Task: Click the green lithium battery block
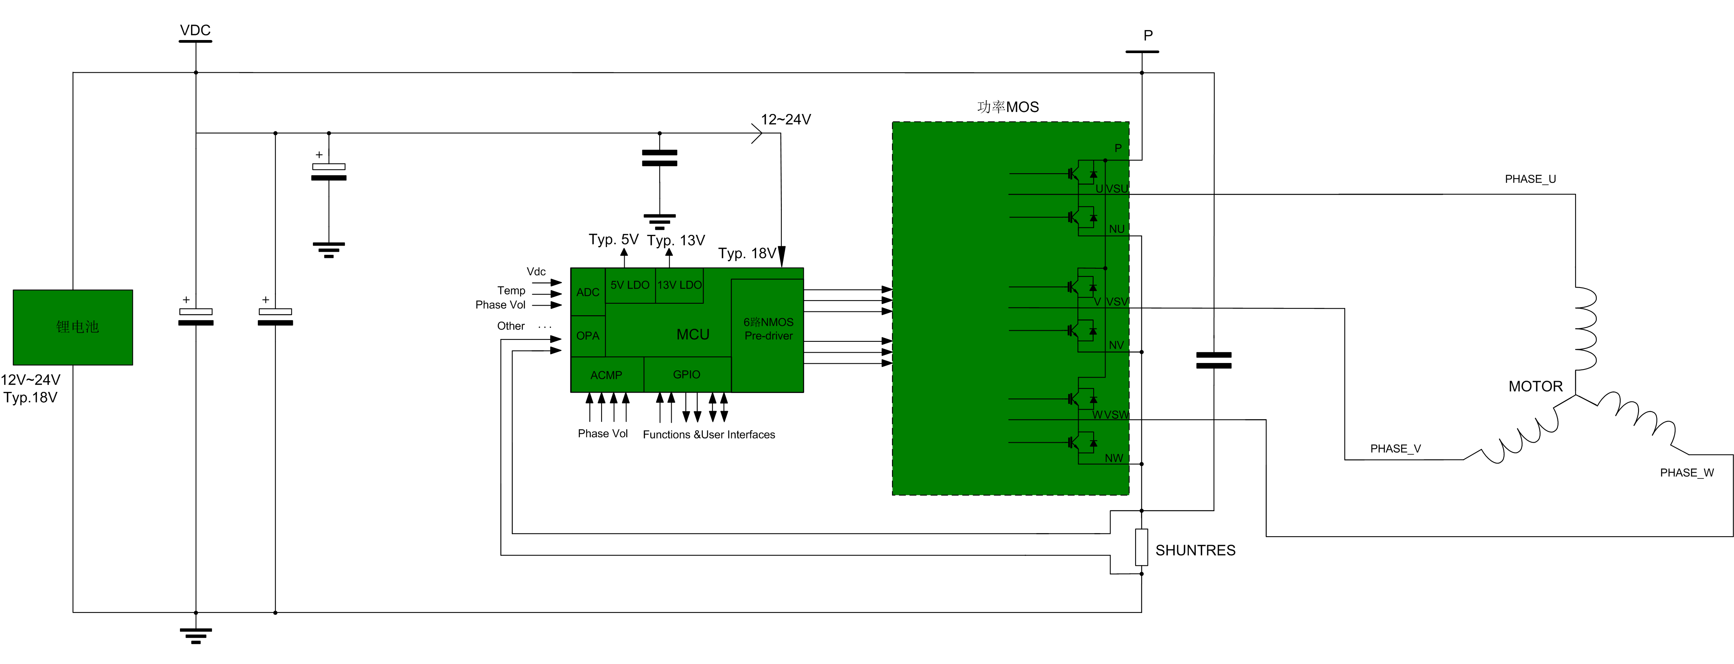coord(73,327)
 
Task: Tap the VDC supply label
coord(195,30)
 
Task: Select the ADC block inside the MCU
coord(588,292)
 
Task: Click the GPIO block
coord(687,374)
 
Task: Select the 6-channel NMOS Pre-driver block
coord(768,329)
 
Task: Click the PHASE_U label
coord(1530,179)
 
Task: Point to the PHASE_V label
coord(1395,449)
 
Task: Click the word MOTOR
coord(1536,386)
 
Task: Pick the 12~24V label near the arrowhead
coord(786,120)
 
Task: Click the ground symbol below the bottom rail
coord(196,635)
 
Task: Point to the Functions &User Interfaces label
coord(709,435)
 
